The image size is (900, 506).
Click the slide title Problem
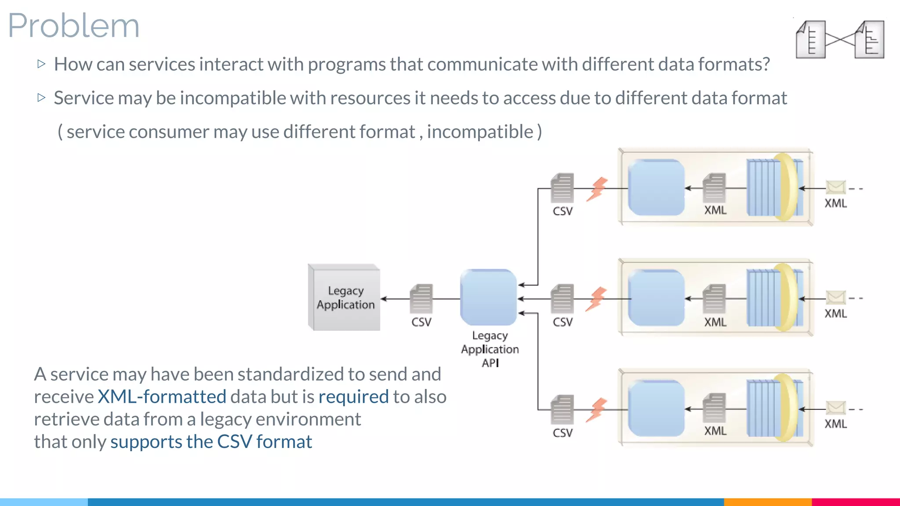74,25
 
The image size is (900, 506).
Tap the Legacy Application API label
490,349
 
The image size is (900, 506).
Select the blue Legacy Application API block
488,297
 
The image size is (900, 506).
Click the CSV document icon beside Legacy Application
421,299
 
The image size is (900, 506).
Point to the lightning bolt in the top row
597,189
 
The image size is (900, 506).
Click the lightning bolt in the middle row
597,299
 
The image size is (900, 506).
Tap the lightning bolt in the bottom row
597,410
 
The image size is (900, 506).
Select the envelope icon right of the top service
835,188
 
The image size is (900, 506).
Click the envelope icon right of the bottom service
835,408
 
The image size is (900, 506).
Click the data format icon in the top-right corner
840,40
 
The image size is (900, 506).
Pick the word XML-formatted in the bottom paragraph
162,397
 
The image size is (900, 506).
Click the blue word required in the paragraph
353,397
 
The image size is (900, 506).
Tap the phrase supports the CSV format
211,442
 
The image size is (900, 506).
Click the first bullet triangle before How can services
42,64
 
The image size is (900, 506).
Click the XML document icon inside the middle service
714,299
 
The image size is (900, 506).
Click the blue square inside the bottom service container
656,408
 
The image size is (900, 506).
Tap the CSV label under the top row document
562,211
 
